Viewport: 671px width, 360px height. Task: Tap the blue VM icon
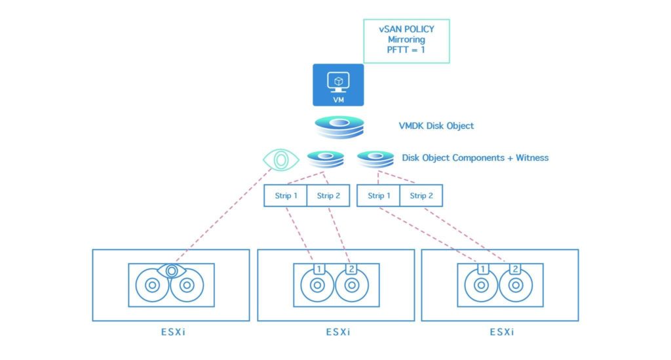click(338, 85)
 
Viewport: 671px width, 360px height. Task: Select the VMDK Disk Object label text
click(436, 126)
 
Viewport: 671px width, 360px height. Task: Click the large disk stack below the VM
click(338, 127)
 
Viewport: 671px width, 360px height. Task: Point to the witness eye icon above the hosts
click(281, 159)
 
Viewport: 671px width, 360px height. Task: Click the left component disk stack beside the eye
click(326, 159)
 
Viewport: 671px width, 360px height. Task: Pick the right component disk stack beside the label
click(375, 159)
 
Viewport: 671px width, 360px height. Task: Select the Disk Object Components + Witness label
click(475, 158)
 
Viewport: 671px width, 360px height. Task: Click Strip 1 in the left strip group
click(285, 196)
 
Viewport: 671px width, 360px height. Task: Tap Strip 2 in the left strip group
click(328, 196)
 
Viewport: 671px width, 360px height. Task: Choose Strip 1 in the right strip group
click(378, 196)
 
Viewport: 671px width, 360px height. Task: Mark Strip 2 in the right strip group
click(421, 196)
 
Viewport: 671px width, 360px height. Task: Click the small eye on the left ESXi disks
click(172, 270)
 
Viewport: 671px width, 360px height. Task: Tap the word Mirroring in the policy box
click(406, 39)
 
